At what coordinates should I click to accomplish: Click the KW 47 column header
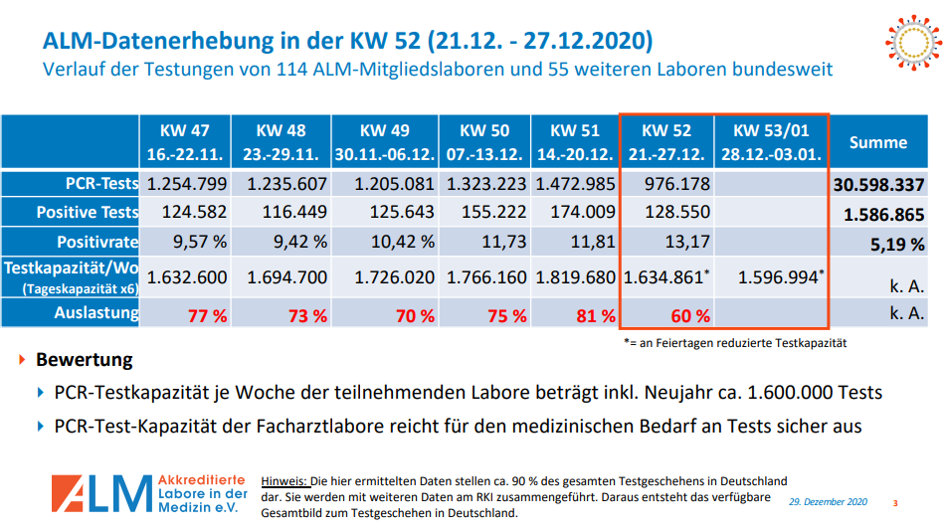[187, 143]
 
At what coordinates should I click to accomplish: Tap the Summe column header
[877, 142]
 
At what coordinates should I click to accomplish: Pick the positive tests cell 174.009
[575, 213]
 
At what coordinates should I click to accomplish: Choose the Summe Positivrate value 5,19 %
[895, 244]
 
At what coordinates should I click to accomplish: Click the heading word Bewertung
[85, 359]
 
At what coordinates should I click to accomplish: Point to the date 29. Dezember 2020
[829, 503]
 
